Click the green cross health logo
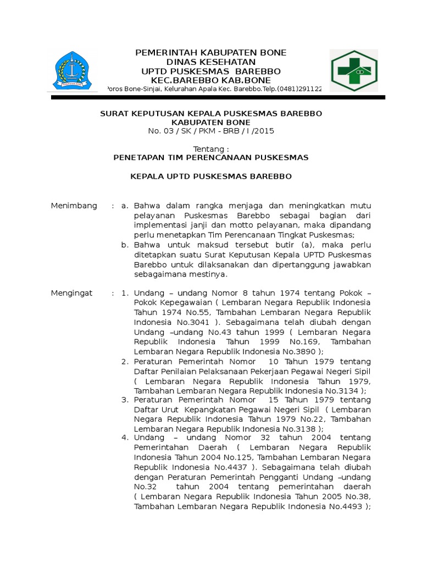tap(353, 71)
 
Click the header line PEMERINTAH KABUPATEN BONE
tap(211, 53)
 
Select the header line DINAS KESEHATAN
tap(211, 62)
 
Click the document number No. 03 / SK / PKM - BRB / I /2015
tap(211, 131)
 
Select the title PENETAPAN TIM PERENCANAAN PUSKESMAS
tap(211, 158)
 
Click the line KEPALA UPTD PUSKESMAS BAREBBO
tap(211, 177)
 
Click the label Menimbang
tap(74, 206)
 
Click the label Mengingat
tap(72, 293)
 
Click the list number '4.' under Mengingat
tap(125, 438)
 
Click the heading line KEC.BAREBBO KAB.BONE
tap(211, 80)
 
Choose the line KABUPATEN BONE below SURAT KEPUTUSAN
tap(211, 122)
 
